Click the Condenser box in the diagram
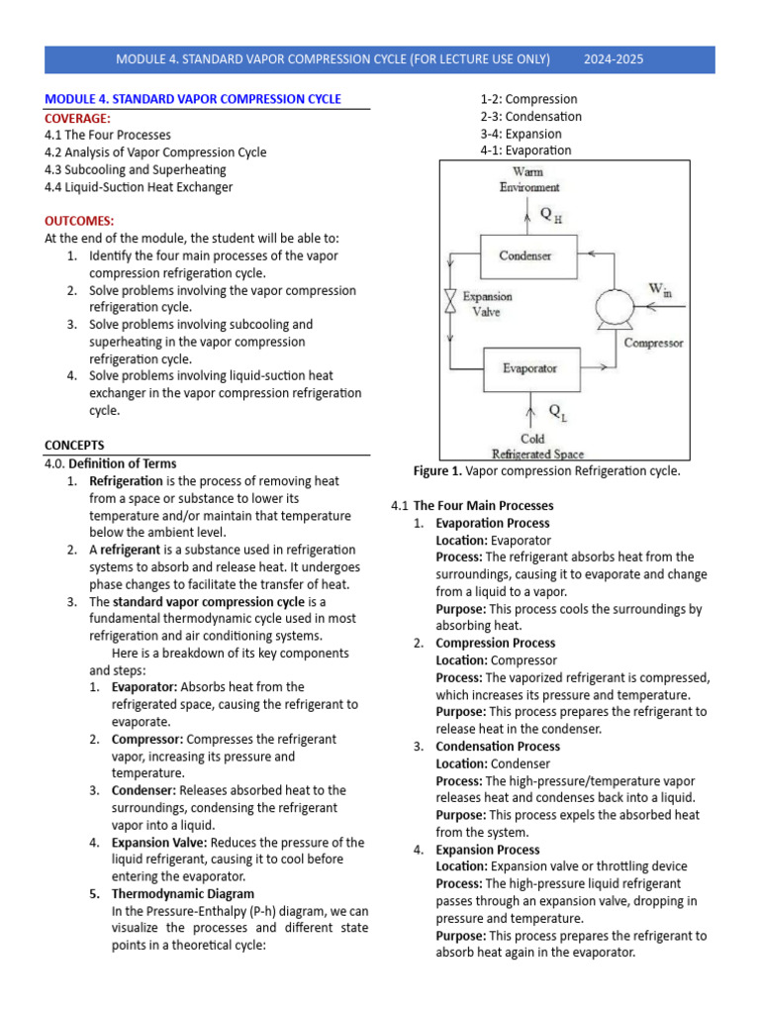click(x=524, y=255)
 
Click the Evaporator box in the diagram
click(x=529, y=368)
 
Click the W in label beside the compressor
click(x=659, y=288)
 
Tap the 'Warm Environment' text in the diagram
click(x=529, y=179)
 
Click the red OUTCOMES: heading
click(x=79, y=220)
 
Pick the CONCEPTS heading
click(x=74, y=445)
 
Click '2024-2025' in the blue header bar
click(x=614, y=59)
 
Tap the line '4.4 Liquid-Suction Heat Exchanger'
click(x=139, y=186)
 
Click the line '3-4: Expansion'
click(x=521, y=134)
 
